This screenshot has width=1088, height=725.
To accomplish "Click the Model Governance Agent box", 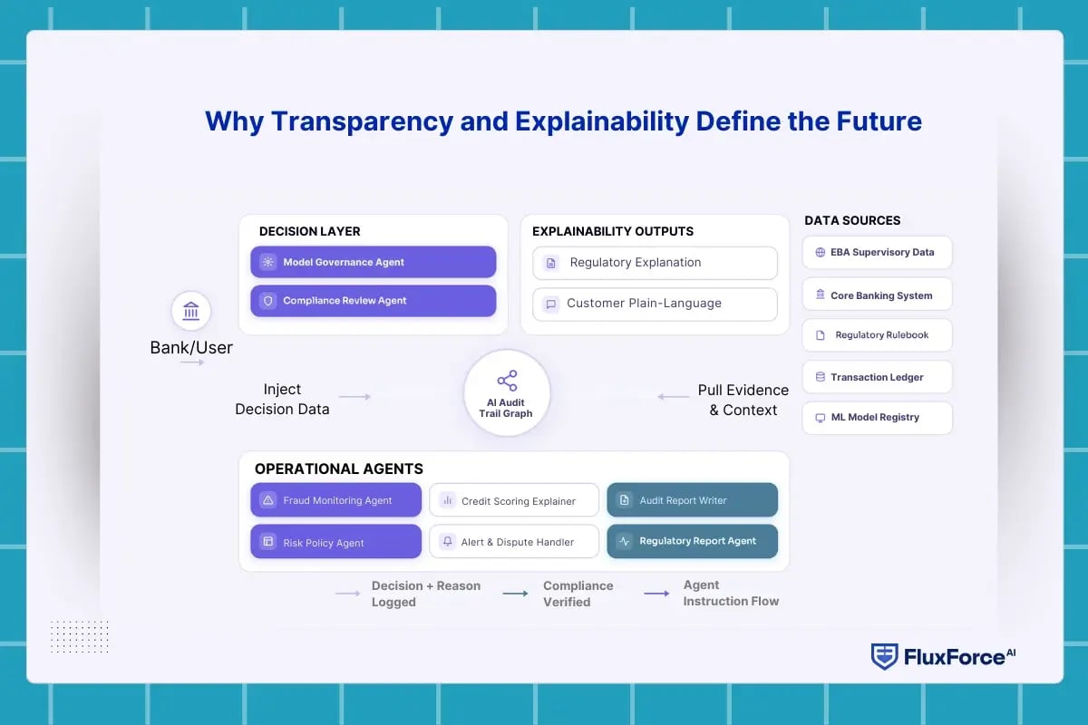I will pyautogui.click(x=373, y=262).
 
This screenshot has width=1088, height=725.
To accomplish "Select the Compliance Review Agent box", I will pyautogui.click(x=373, y=301).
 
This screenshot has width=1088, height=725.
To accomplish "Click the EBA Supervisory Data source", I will pyautogui.click(x=877, y=253).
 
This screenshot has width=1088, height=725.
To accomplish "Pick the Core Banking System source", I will pyautogui.click(x=877, y=295).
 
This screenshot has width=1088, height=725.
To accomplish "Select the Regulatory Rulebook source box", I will pyautogui.click(x=877, y=335).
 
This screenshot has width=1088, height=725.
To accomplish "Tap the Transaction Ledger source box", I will pyautogui.click(x=877, y=377).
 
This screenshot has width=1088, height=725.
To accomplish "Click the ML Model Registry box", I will pyautogui.click(x=877, y=418).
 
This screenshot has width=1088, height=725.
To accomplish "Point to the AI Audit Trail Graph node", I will pyautogui.click(x=507, y=393).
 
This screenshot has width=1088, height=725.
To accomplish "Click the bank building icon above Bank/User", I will pyautogui.click(x=191, y=312).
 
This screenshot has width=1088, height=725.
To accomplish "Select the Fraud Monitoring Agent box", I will pyautogui.click(x=335, y=500).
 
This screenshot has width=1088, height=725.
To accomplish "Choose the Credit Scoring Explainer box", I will pyautogui.click(x=514, y=500).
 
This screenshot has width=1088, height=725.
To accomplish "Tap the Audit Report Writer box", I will pyautogui.click(x=692, y=500).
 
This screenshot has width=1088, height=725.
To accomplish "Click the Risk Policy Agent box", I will pyautogui.click(x=335, y=542).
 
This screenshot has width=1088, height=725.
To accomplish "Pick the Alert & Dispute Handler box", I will pyautogui.click(x=514, y=542).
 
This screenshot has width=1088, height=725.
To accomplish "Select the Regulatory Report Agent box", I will pyautogui.click(x=692, y=541).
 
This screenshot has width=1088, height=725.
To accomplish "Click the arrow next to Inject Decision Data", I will pyautogui.click(x=355, y=397).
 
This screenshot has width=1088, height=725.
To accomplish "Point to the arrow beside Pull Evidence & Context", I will pyautogui.click(x=673, y=397).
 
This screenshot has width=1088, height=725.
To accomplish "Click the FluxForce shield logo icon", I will pyautogui.click(x=884, y=657).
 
